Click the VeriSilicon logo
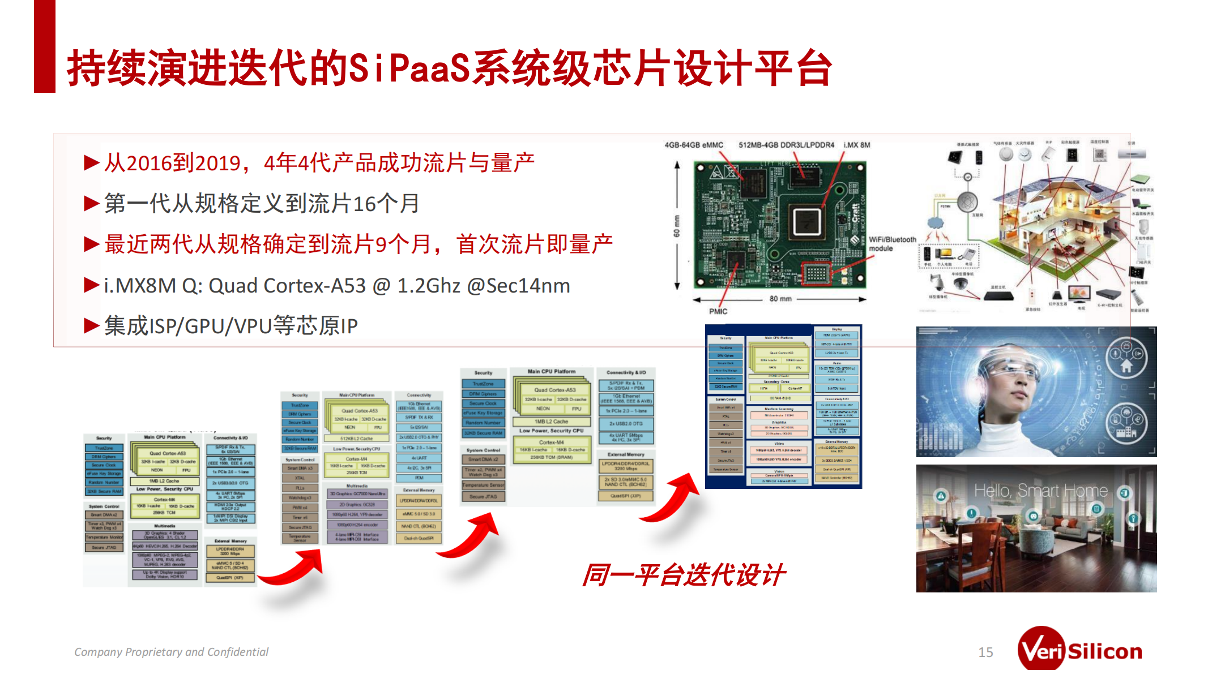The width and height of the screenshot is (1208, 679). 1080,651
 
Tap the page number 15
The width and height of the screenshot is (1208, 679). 985,652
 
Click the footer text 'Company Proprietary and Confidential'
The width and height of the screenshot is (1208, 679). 171,652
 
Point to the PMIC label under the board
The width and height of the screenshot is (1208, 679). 718,311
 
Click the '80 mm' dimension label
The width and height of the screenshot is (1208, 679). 780,299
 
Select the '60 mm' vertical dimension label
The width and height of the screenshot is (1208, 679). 677,226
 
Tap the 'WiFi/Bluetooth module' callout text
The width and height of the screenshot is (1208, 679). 892,244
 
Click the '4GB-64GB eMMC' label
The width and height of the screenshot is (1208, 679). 694,145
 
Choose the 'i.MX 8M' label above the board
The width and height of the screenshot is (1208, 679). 856,145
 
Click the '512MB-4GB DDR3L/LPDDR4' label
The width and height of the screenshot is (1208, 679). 786,145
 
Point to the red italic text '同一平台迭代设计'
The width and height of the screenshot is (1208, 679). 684,575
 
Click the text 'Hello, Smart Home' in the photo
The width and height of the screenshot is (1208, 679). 1040,491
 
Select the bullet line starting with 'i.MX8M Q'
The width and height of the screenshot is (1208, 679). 336,286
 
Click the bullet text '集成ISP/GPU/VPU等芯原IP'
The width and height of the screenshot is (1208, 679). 230,326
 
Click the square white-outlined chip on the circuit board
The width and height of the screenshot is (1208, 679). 806,221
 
